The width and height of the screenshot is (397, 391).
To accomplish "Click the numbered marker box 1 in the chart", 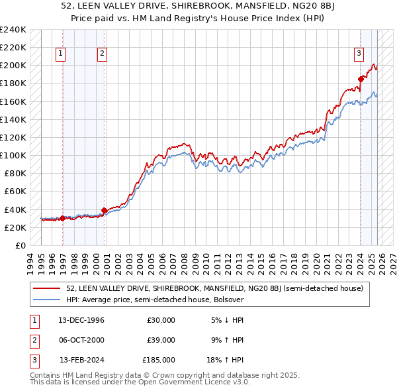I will coord(61,54).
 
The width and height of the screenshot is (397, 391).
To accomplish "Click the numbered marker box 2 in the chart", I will coord(103,54).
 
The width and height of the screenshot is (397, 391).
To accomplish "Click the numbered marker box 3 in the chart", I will coord(359,54).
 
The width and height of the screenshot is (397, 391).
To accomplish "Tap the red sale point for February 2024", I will coord(361,79).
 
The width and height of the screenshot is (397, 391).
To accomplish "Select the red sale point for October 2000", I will coord(104,210).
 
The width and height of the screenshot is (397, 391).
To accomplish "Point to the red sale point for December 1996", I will coord(62,218).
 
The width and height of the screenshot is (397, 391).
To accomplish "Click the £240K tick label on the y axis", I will coord(13,30).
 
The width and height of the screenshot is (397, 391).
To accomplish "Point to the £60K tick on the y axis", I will coord(15,192).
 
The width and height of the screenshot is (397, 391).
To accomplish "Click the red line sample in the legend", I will coord(48,288).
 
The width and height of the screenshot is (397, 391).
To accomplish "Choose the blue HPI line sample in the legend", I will coord(48,300).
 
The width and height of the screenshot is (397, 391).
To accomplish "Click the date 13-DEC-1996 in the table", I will coord(82,320).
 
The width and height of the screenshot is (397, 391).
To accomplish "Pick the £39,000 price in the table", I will coord(161,340).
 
